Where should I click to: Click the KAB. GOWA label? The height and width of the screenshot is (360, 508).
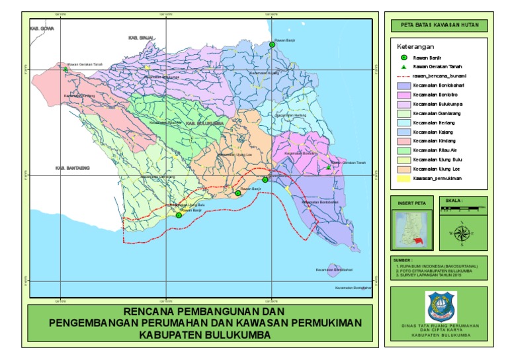41,30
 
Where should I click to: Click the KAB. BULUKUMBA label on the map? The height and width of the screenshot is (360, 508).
204,124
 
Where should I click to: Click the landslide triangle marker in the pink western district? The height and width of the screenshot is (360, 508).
65,68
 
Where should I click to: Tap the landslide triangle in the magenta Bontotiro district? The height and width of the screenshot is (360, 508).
329,167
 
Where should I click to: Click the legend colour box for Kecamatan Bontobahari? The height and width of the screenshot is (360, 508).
403,86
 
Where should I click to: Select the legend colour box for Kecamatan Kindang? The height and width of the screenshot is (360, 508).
403,142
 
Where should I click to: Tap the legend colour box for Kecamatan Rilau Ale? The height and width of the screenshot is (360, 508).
403,151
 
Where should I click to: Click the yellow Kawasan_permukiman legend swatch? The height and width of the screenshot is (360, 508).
403,179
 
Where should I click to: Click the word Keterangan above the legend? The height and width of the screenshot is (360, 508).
415,48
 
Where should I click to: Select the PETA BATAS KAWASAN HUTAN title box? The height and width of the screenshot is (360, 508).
435,26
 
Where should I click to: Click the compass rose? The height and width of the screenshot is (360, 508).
460,232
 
